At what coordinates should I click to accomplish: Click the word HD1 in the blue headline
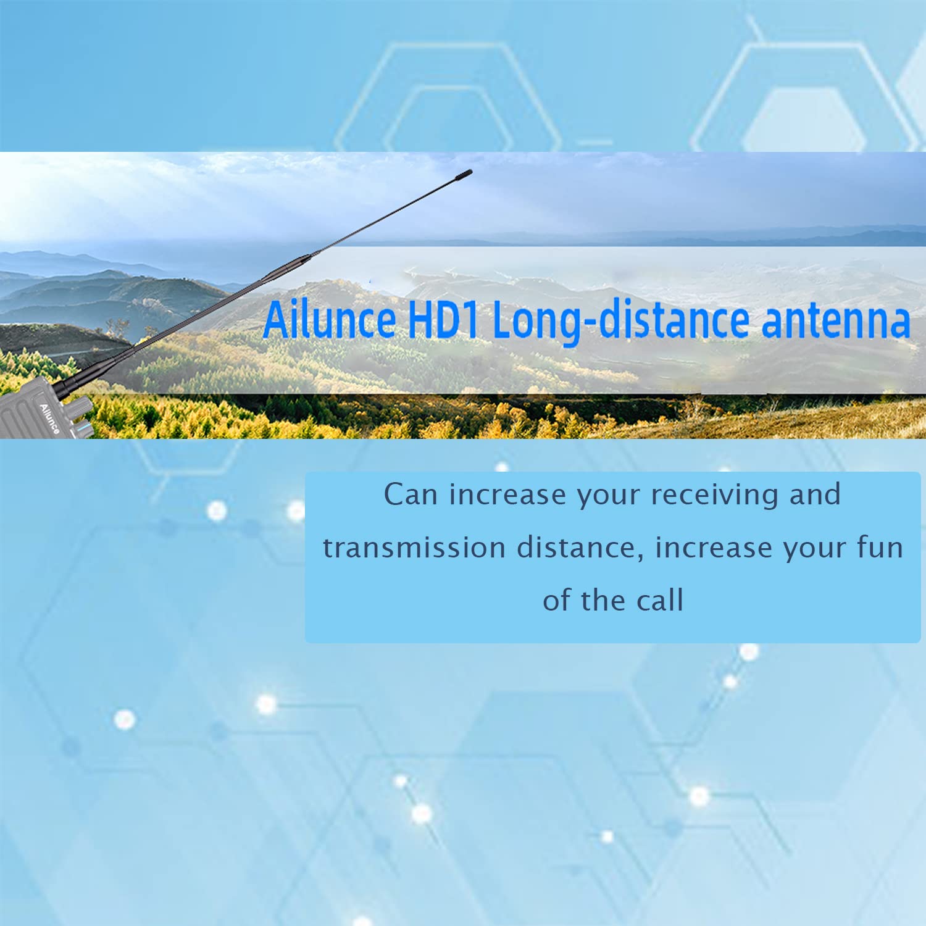pos(443,320)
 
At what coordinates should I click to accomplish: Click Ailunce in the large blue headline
pos(330,319)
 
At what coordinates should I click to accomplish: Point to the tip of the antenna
pos(470,172)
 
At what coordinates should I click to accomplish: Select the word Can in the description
pos(411,494)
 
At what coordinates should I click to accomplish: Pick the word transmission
pos(414,548)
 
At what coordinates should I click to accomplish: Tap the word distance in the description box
pos(580,548)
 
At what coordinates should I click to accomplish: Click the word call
pos(660,600)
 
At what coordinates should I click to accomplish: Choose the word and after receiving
pos(815,494)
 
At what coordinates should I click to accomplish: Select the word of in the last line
pos(557,600)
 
